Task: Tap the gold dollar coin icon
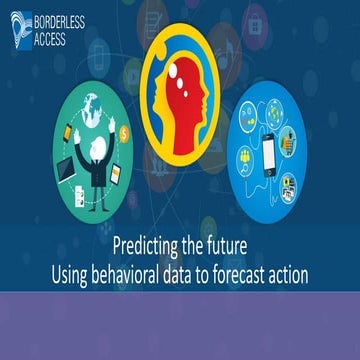(x=123, y=131)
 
